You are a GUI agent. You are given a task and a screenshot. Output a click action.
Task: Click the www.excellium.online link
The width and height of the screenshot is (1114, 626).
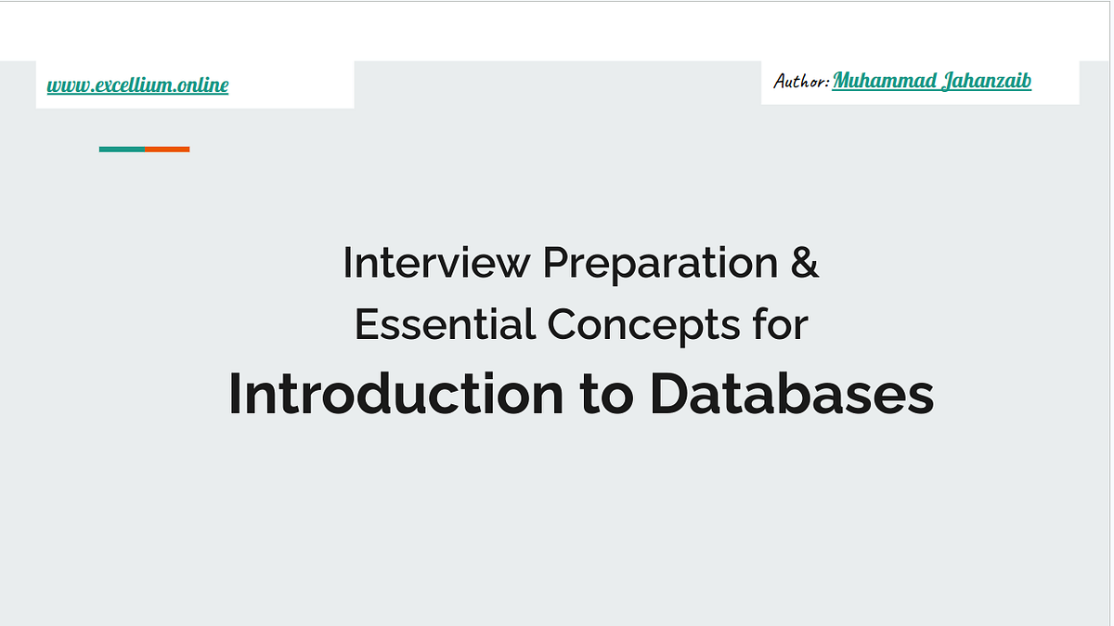click(137, 85)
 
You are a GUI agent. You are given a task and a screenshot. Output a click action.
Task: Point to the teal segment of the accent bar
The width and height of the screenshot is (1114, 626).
click(122, 149)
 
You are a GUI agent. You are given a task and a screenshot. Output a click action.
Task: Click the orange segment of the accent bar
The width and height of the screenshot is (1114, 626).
click(167, 149)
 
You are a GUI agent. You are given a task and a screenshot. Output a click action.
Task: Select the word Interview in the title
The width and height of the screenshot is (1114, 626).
click(437, 263)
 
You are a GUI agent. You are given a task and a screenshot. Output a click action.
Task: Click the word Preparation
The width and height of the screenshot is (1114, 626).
click(660, 263)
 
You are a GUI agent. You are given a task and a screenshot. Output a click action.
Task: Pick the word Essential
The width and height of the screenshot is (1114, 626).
click(445, 325)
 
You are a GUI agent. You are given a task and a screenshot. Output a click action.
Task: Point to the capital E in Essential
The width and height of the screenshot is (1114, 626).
click(366, 325)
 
